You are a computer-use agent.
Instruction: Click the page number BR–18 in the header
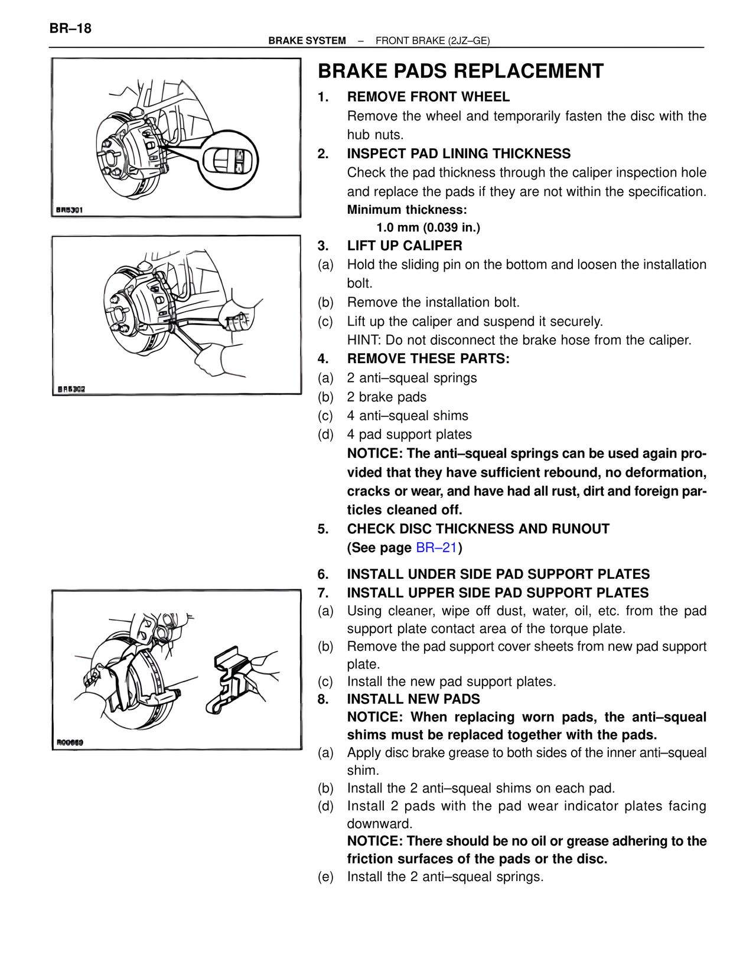[x=70, y=28]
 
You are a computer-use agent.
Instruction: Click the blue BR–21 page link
[x=436, y=547]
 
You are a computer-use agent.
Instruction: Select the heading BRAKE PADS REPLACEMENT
[x=461, y=71]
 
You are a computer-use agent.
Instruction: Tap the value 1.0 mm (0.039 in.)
[x=428, y=227]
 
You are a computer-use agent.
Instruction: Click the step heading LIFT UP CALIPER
[x=405, y=246]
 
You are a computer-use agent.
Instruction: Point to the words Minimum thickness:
[x=407, y=210]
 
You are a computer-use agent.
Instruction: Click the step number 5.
[x=323, y=529]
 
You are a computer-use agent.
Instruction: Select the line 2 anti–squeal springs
[x=412, y=378]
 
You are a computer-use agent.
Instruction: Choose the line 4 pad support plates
[x=409, y=435]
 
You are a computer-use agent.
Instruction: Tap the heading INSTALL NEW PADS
[x=413, y=699]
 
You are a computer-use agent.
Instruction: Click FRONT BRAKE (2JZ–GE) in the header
[x=433, y=41]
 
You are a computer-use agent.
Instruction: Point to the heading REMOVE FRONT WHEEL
[x=428, y=97]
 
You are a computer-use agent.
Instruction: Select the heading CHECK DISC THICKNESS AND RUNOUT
[x=478, y=529]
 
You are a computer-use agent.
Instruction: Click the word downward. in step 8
[x=380, y=824]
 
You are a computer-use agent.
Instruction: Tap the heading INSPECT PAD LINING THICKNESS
[x=459, y=154]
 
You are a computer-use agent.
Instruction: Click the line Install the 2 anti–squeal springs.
[x=445, y=877]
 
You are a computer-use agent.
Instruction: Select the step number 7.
[x=323, y=593]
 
